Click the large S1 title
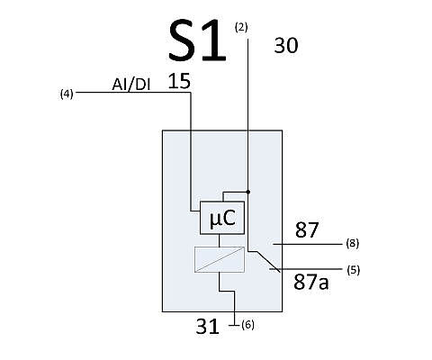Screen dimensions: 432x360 [197, 40]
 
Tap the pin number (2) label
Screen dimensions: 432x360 [241, 28]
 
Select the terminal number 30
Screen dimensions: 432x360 [286, 46]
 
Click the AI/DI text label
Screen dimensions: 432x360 [131, 85]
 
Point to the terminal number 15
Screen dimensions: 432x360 [179, 81]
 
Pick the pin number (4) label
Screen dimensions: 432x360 [67, 94]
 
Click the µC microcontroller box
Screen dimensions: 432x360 [222, 218]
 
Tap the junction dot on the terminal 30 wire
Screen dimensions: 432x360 [247, 192]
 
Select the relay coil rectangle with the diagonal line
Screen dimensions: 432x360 [220, 259]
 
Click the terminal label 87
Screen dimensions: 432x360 [307, 230]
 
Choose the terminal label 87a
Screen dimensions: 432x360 [310, 283]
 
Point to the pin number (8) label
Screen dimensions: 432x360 [353, 243]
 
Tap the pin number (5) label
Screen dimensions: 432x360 [353, 270]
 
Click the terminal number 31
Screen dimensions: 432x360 [207, 327]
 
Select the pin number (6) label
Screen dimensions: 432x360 [247, 325]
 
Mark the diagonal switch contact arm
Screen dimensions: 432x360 [268, 262]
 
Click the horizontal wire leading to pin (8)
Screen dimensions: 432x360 [307, 244]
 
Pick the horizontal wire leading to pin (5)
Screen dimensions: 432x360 [305, 269]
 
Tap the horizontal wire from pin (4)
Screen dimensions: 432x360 [133, 93]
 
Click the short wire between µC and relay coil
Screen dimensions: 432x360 [220, 240]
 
